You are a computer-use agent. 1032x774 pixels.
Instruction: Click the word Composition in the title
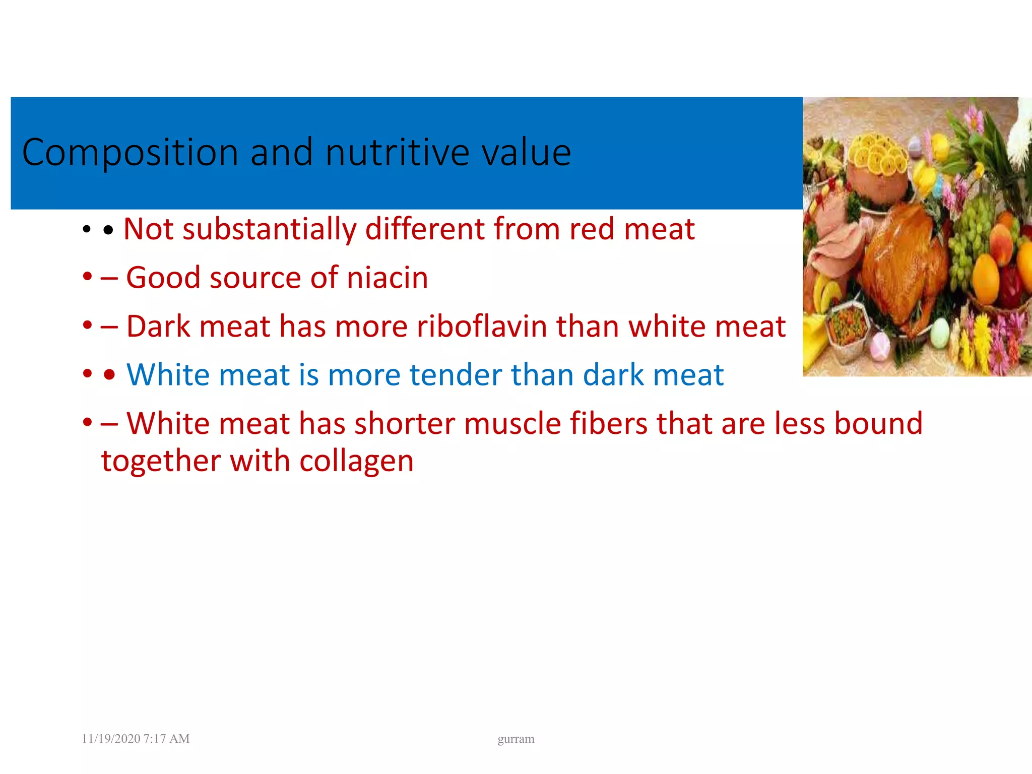point(130,153)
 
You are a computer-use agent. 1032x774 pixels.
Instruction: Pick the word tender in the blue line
point(456,375)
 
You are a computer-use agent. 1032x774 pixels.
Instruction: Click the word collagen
point(356,461)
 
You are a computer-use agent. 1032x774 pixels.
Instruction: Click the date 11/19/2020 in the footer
point(111,739)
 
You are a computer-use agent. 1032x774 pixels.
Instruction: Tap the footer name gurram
point(515,739)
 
